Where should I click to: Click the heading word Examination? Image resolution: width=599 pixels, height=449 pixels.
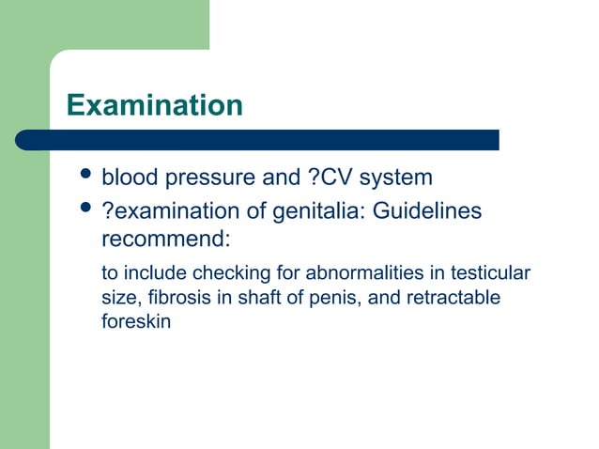click(155, 104)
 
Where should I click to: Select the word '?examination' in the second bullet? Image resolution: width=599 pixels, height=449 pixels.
click(173, 212)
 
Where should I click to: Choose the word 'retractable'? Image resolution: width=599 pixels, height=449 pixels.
click(453, 298)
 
